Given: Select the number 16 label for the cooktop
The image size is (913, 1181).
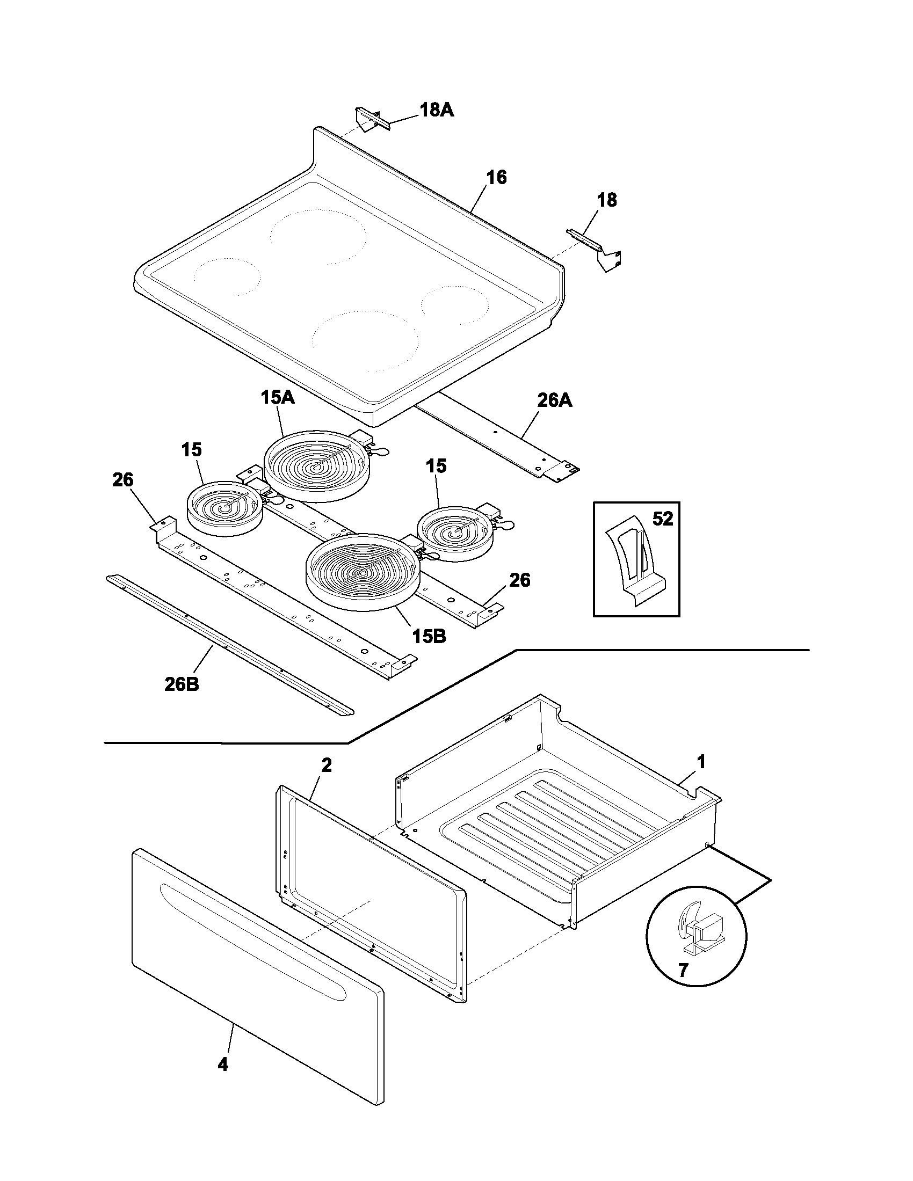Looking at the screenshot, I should point(496,177).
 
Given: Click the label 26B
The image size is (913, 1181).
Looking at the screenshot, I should point(182,684).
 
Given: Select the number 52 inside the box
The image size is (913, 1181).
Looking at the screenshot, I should point(663,519).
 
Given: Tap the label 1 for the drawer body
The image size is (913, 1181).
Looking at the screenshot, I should point(701,762).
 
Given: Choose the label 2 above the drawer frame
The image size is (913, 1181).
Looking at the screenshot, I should point(326,765).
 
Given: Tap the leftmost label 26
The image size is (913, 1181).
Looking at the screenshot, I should point(123,479).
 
